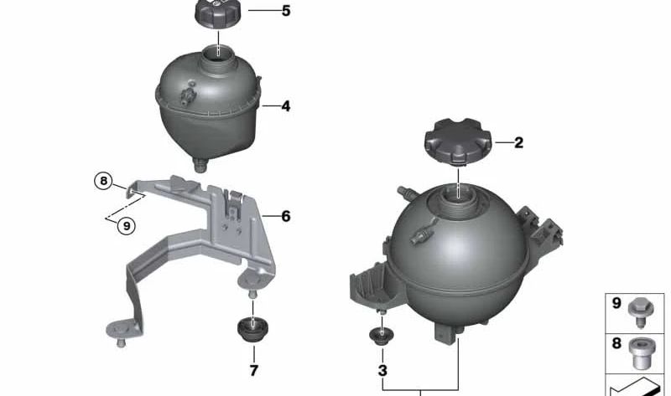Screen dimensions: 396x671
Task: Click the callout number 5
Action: pos(286,12)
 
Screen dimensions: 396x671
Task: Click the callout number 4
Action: pos(286,106)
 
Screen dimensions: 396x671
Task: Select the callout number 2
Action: pos(518,142)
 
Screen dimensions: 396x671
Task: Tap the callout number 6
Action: pos(286,216)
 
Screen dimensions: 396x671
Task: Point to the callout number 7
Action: pos(253,369)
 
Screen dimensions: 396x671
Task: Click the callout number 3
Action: pos(382,369)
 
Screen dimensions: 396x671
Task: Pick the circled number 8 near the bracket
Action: pos(102,180)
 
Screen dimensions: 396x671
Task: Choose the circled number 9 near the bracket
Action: pos(127,224)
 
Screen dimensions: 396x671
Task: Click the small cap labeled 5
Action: pos(219,14)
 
